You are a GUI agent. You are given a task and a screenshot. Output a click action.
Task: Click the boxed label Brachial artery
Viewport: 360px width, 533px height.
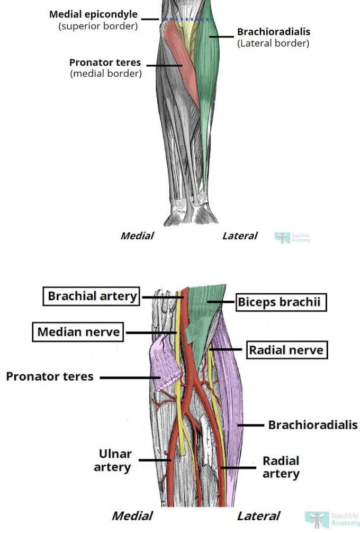[x=92, y=296]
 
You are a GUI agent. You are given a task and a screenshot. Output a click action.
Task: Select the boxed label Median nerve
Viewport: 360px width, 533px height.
[x=78, y=332]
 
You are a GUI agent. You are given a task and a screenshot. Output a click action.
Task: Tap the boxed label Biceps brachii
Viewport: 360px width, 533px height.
[x=281, y=303]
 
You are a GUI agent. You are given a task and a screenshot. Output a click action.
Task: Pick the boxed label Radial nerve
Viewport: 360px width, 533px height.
[x=286, y=350]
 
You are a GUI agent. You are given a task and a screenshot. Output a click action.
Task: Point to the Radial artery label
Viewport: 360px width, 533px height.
[x=281, y=467]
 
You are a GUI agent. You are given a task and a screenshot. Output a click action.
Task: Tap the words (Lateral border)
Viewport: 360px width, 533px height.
[x=273, y=43]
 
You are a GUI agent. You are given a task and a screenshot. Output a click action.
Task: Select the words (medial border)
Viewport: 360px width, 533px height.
[x=106, y=74]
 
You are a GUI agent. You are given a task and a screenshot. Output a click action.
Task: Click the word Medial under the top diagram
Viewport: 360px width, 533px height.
[x=137, y=236]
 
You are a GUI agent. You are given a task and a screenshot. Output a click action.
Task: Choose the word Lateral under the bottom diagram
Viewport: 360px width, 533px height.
[x=258, y=516]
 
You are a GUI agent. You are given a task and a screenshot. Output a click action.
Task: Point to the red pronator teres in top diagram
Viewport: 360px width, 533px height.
[x=180, y=58]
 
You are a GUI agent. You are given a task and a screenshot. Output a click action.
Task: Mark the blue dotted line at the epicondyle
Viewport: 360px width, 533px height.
[x=188, y=20]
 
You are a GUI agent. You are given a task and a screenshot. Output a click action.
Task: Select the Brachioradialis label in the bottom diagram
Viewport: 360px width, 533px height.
[x=313, y=424]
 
